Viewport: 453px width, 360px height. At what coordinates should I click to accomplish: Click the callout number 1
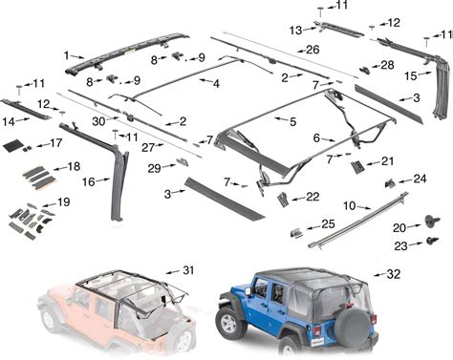click(x=66, y=55)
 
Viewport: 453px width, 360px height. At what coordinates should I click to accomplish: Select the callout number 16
click(x=89, y=181)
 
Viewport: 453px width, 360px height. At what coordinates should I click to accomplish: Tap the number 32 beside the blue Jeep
click(x=393, y=274)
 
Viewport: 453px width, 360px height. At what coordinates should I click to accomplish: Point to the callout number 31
click(x=188, y=270)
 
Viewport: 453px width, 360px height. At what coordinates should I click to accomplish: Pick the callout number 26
click(x=313, y=50)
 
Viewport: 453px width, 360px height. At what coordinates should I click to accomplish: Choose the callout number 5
click(x=292, y=121)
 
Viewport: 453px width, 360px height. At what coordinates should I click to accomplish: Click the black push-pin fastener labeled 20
click(x=433, y=221)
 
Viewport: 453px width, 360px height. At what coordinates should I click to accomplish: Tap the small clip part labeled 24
click(x=390, y=183)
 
